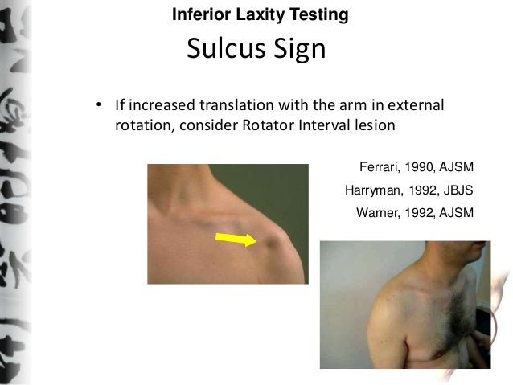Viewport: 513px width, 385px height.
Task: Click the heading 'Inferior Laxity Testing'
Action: point(261,14)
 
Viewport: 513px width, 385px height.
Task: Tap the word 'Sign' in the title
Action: point(298,50)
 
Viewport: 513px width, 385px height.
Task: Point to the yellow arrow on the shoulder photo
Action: point(236,237)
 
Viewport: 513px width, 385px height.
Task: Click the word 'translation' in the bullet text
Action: point(236,107)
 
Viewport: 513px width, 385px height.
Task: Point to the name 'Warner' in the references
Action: point(377,213)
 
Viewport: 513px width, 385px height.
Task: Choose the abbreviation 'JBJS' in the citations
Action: point(456,190)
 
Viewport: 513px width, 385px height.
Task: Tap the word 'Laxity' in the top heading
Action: point(248,14)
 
